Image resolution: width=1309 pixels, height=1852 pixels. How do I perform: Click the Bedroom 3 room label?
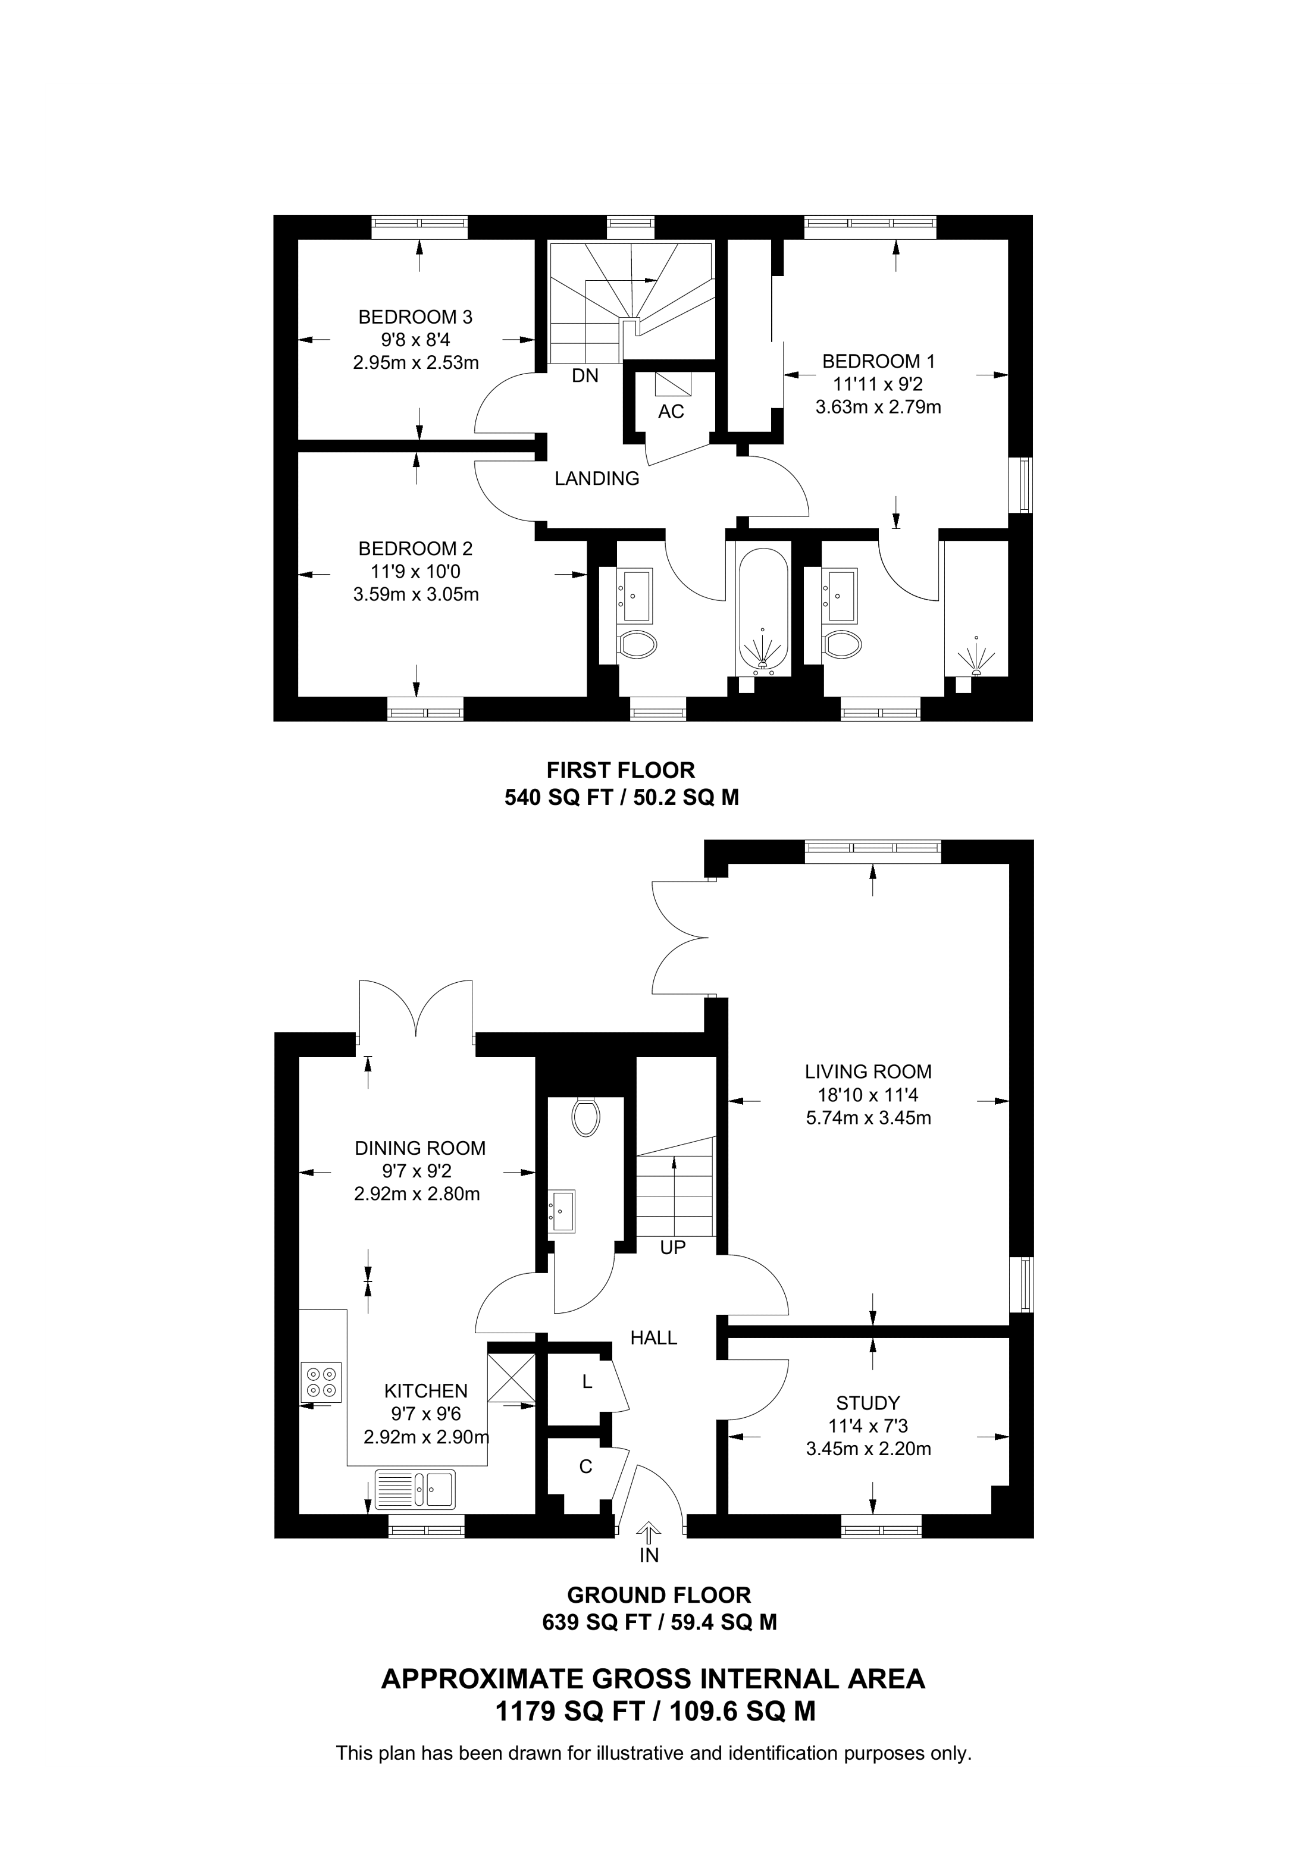coord(415,317)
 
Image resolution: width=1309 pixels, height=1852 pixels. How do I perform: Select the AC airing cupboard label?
coord(671,412)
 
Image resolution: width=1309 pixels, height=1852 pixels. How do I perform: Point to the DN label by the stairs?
coord(585,375)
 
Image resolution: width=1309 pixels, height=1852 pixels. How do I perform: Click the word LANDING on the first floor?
coord(597,478)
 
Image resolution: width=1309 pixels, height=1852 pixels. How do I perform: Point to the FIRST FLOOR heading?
coord(621,770)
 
